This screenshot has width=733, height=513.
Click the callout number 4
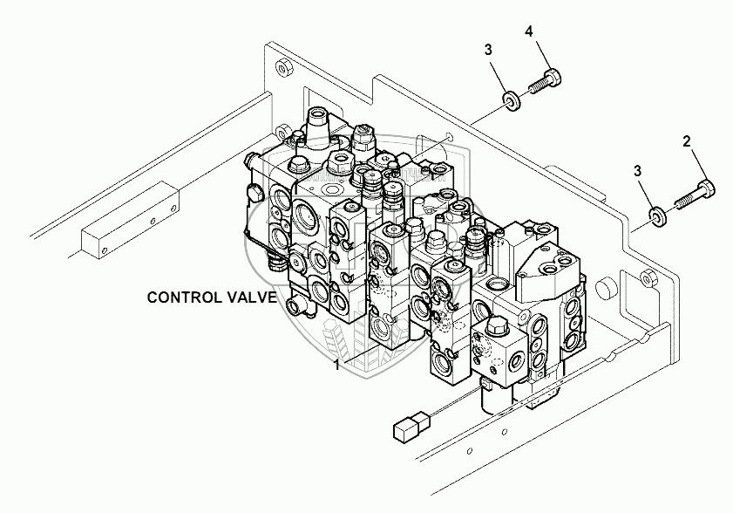coord(529,32)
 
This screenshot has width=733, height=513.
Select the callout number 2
coord(687,140)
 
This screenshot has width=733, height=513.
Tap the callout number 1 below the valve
coord(336,366)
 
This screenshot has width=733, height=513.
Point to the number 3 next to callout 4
coord(489,50)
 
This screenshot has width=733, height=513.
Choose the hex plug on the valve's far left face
coord(254,161)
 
